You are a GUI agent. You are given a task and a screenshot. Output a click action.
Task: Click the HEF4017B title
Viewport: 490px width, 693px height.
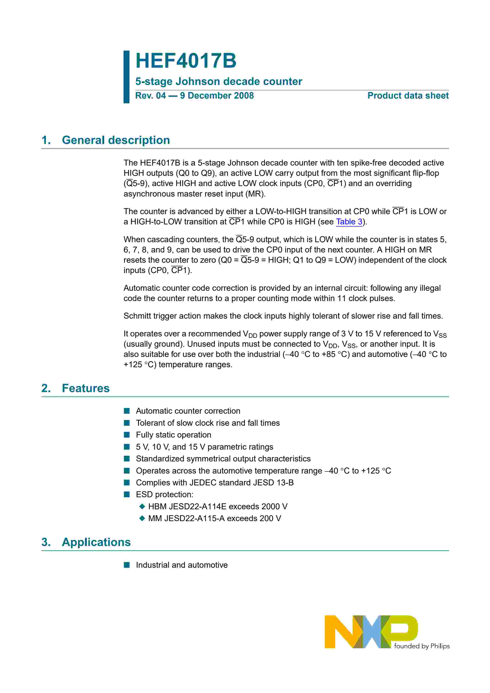pos(186,61)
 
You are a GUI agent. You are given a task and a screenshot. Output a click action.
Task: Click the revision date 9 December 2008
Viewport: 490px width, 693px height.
pos(217,96)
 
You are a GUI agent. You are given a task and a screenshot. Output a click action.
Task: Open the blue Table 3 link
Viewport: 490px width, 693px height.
pos(349,222)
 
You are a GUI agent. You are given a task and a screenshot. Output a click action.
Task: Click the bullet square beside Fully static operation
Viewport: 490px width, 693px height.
pos(127,435)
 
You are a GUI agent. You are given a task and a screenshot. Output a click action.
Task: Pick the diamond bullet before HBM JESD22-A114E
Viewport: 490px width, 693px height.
pos(142,507)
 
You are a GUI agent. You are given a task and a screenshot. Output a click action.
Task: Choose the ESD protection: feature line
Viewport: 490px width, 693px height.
pos(164,494)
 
